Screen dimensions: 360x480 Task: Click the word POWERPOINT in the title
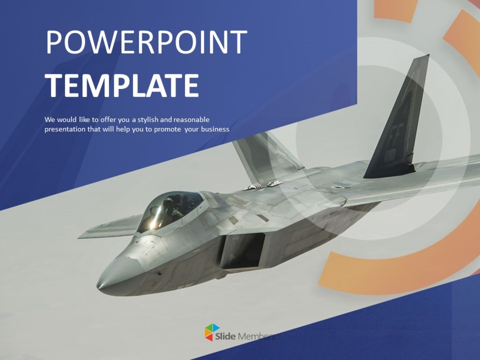click(x=146, y=42)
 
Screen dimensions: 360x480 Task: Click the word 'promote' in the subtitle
click(x=168, y=129)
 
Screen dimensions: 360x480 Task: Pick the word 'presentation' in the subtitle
click(x=65, y=129)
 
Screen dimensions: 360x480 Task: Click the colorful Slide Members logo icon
click(x=212, y=333)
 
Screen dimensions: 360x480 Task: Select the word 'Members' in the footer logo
click(x=257, y=336)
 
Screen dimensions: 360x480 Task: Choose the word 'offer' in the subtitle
click(x=109, y=120)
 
